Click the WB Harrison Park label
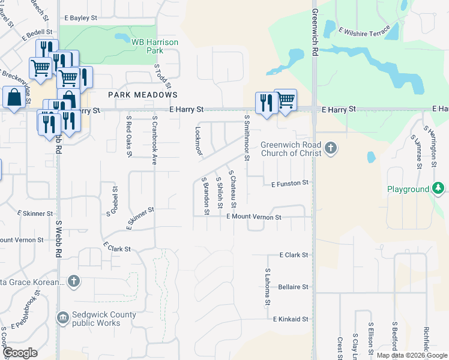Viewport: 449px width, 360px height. point(147,47)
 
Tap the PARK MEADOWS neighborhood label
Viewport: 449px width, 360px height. point(143,95)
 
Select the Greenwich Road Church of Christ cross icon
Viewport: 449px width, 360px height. point(330,148)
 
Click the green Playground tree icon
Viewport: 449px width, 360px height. point(439,189)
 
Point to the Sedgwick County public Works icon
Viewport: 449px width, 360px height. point(62,317)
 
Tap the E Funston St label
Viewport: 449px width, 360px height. point(289,183)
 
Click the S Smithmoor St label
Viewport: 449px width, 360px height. point(247,138)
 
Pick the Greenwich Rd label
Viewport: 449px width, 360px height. point(314,33)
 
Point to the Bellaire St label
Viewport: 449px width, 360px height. point(293,287)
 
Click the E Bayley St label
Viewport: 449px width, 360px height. point(79,18)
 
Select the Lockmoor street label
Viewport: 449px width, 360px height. point(197,140)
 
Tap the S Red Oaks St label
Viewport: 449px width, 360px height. point(128,137)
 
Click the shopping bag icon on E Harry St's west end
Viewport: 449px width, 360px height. point(13,97)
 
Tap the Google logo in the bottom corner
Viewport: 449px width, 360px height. point(20,353)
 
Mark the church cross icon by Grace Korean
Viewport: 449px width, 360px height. point(73,281)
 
